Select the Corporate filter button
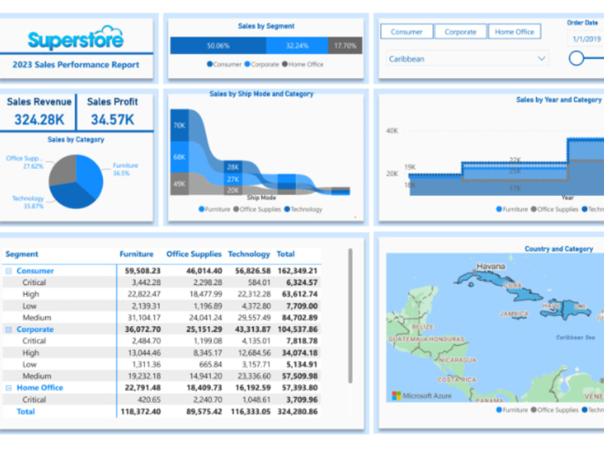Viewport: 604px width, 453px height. (x=460, y=32)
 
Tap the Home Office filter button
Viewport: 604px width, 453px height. (x=515, y=32)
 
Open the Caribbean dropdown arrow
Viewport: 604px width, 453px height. (x=542, y=59)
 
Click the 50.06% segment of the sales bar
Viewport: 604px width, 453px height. (x=217, y=45)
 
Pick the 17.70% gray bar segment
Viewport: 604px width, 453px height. (x=345, y=45)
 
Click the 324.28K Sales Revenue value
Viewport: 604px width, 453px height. (x=39, y=120)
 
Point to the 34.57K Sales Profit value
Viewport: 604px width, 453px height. (x=112, y=120)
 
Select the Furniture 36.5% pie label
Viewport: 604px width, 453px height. (x=125, y=169)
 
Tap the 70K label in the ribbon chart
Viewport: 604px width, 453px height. (x=179, y=125)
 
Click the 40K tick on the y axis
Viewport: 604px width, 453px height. (x=392, y=130)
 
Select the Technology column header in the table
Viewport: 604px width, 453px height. (x=249, y=254)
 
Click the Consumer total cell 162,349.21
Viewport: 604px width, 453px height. (x=297, y=271)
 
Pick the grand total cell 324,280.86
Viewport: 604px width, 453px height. (x=297, y=411)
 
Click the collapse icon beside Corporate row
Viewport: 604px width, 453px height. (x=8, y=330)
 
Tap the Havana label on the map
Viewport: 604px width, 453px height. (x=490, y=266)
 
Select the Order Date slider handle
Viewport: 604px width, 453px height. (x=577, y=58)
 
